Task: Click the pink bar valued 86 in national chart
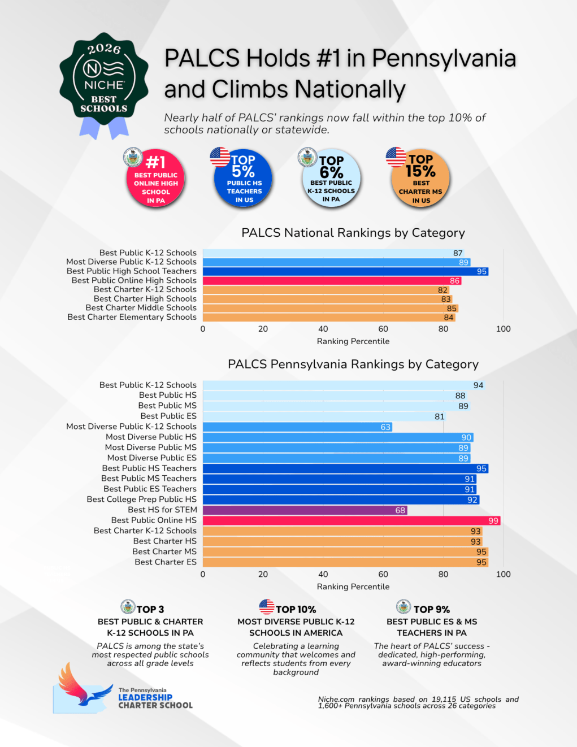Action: [x=332, y=281]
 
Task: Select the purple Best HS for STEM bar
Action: [x=305, y=510]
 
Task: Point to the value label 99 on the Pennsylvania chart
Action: [x=493, y=521]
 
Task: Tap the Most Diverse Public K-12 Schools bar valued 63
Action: [x=297, y=427]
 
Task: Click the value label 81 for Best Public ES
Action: [x=440, y=416]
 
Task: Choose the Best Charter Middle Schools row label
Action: [x=141, y=308]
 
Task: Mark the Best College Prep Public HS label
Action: [x=142, y=500]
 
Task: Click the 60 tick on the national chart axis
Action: [x=383, y=329]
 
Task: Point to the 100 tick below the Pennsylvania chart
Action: [x=503, y=574]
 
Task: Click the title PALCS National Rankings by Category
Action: [x=353, y=233]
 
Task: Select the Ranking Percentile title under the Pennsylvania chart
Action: [x=353, y=587]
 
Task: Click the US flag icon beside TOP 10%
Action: [x=267, y=607]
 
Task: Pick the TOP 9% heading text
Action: [x=432, y=609]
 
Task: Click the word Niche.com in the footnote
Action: [x=336, y=700]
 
